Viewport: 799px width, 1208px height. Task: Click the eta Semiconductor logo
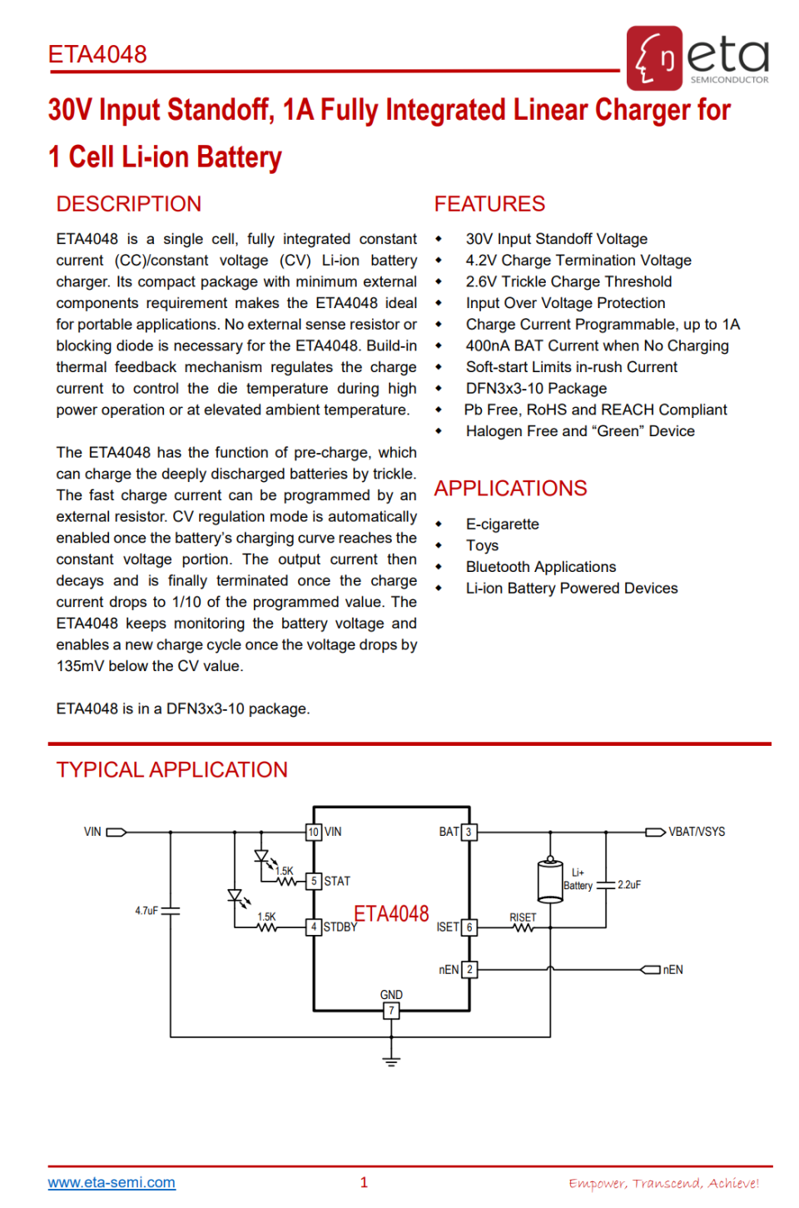698,57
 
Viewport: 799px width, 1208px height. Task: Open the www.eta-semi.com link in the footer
112,1182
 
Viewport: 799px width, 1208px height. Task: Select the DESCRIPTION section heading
129,204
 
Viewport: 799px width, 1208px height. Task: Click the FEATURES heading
489,204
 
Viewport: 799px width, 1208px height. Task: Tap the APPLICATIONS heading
510,489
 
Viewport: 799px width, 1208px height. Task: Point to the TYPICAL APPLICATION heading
171,770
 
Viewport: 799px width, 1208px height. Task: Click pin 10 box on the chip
314,832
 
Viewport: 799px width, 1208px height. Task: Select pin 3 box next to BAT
469,832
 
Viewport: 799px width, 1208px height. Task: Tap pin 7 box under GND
391,1011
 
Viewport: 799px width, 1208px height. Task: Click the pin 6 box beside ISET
469,927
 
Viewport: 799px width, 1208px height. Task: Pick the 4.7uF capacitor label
146,911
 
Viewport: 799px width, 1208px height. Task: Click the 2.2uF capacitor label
629,885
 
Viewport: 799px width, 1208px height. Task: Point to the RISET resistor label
523,917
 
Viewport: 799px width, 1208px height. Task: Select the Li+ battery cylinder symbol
549,881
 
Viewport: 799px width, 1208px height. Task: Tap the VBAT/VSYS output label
697,832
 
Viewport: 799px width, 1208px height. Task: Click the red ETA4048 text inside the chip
391,914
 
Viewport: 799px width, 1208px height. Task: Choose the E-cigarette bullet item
502,524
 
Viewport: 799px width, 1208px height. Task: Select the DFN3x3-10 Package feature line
536,389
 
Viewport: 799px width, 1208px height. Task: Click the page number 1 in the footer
364,1182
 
